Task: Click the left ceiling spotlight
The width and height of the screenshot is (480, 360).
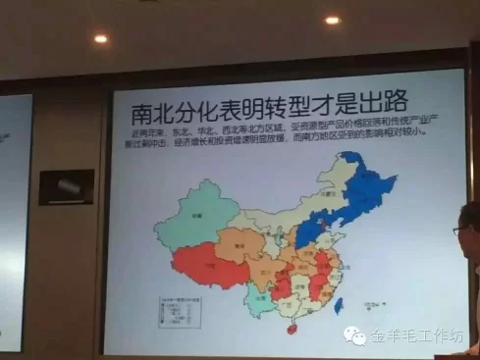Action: (100, 39)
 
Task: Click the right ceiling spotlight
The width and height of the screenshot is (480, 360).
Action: (332, 20)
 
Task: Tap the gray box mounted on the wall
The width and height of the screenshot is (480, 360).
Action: (67, 185)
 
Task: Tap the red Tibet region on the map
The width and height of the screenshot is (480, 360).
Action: (206, 264)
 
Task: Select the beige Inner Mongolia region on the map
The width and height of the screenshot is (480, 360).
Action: (285, 211)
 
